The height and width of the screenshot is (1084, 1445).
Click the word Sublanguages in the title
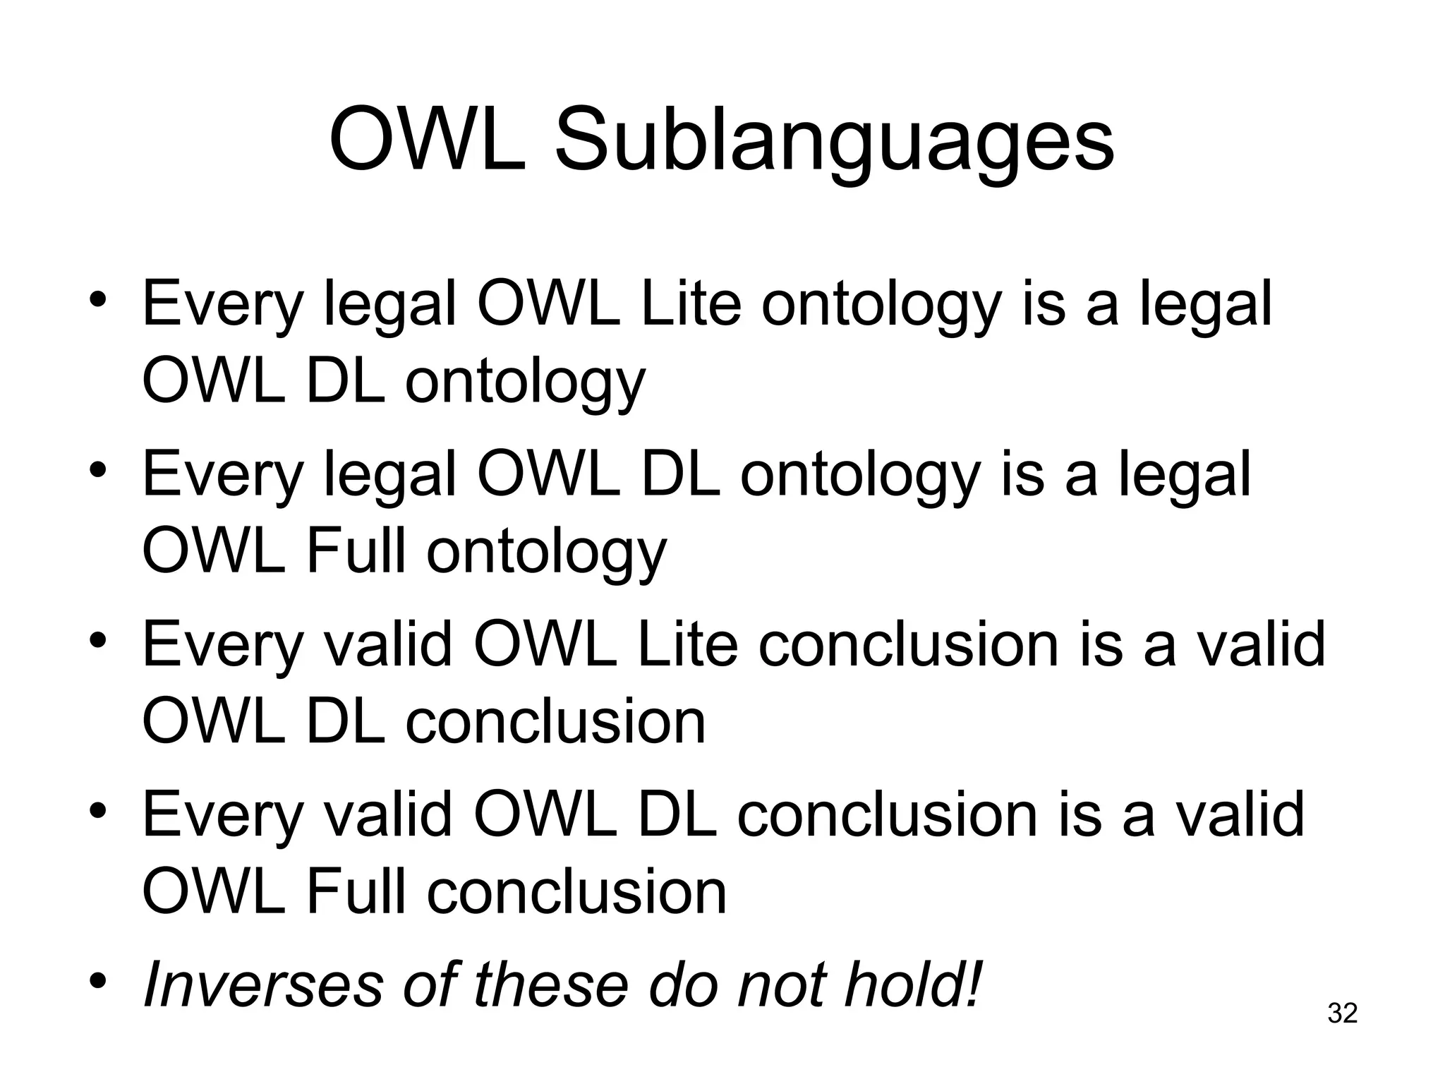(834, 139)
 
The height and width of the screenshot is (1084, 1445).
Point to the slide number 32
(1342, 1013)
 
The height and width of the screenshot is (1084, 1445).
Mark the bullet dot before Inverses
(99, 981)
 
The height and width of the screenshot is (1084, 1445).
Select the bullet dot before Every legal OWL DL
(99, 469)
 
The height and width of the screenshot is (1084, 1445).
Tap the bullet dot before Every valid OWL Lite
(99, 640)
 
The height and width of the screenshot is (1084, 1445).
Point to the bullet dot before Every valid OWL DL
(99, 810)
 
